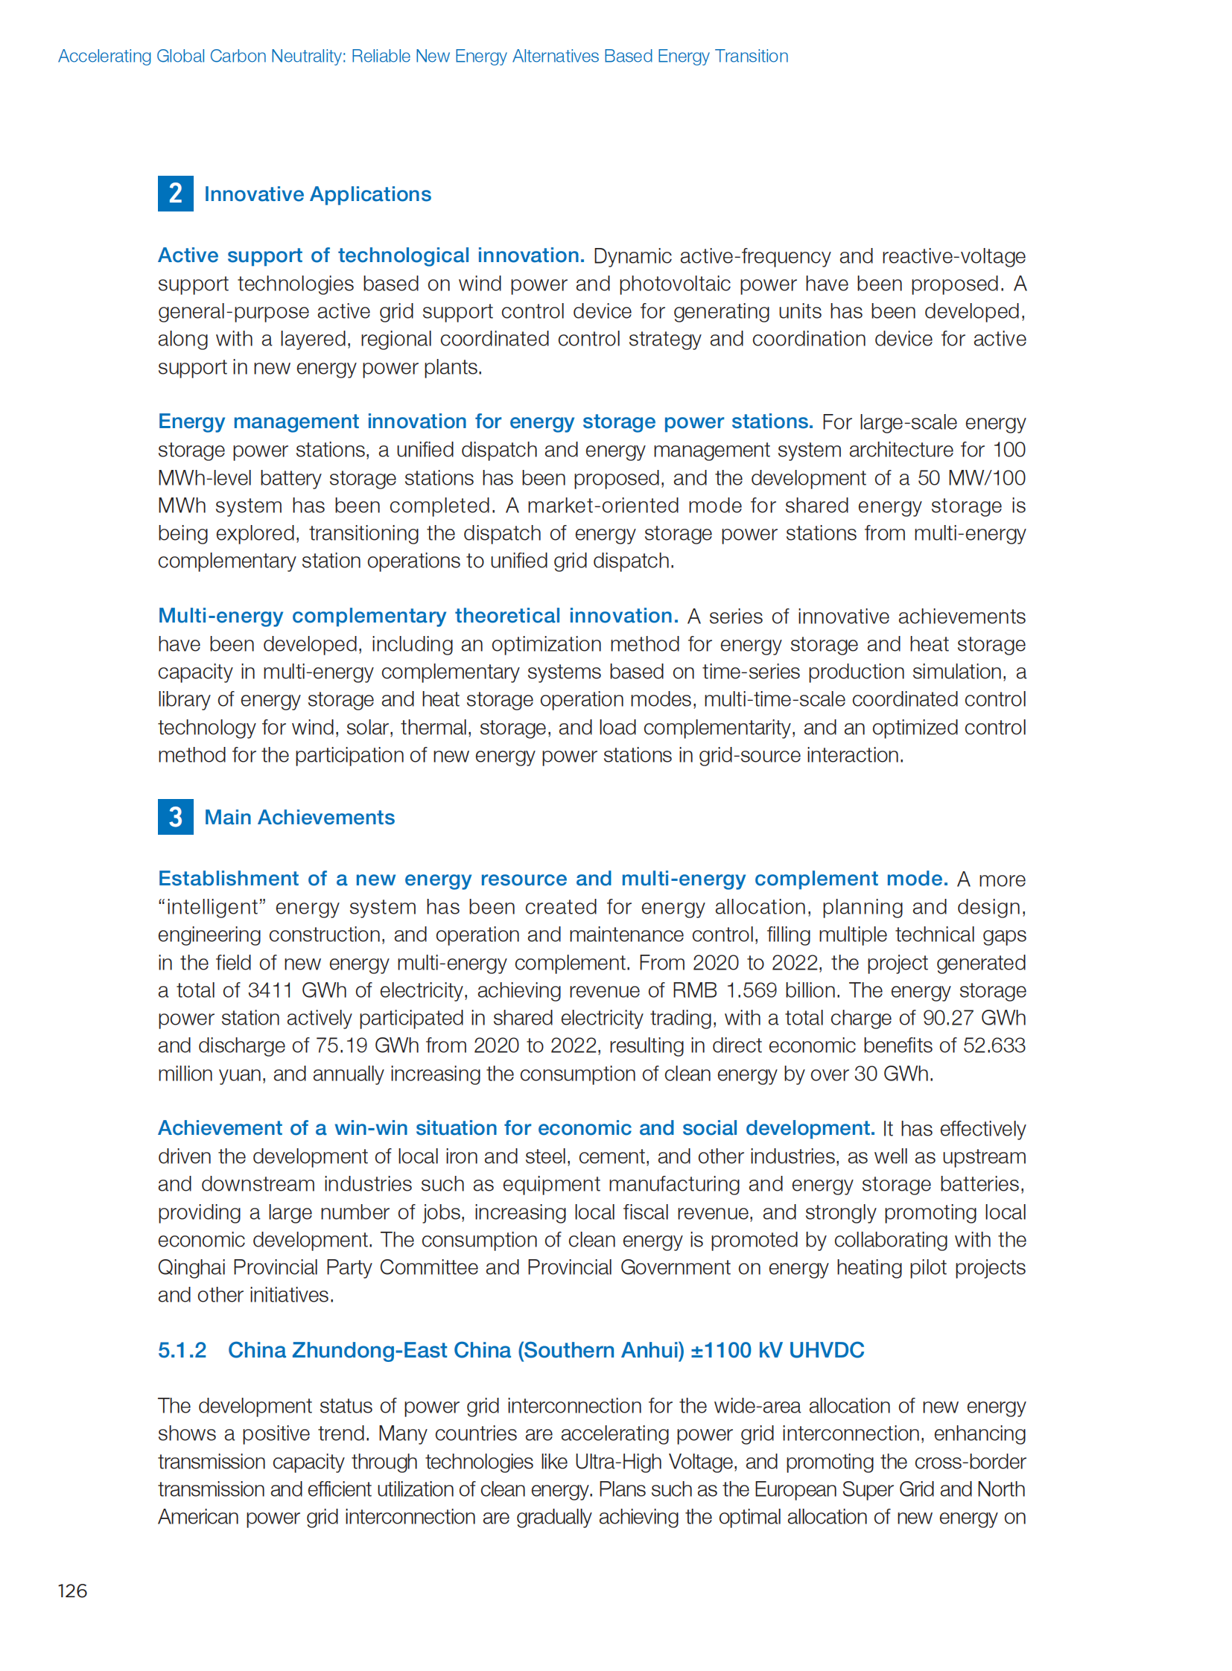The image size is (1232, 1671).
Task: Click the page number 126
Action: click(72, 1591)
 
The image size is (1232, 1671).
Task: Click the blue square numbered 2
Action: click(175, 194)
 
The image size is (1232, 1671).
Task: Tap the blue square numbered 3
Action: click(175, 816)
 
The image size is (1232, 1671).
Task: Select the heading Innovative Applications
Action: click(317, 194)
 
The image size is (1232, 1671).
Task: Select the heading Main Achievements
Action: click(299, 817)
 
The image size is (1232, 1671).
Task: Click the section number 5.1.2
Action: click(182, 1349)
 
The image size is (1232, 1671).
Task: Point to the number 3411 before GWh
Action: click(270, 990)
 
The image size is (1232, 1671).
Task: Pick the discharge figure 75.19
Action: click(342, 1045)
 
